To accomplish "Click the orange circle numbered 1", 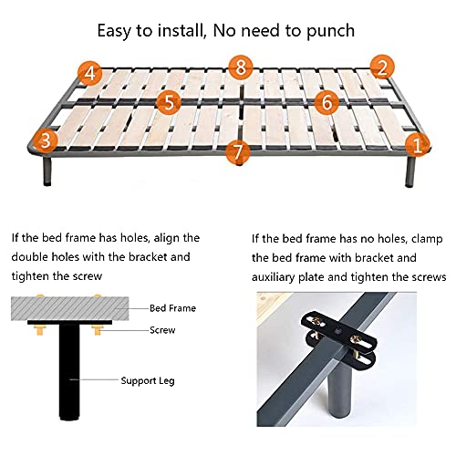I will (419, 143).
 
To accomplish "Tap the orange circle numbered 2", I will (383, 67).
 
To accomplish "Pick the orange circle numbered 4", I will (88, 71).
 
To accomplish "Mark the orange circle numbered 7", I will (239, 151).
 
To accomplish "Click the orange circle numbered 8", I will (240, 67).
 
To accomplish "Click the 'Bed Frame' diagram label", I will (172, 308).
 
